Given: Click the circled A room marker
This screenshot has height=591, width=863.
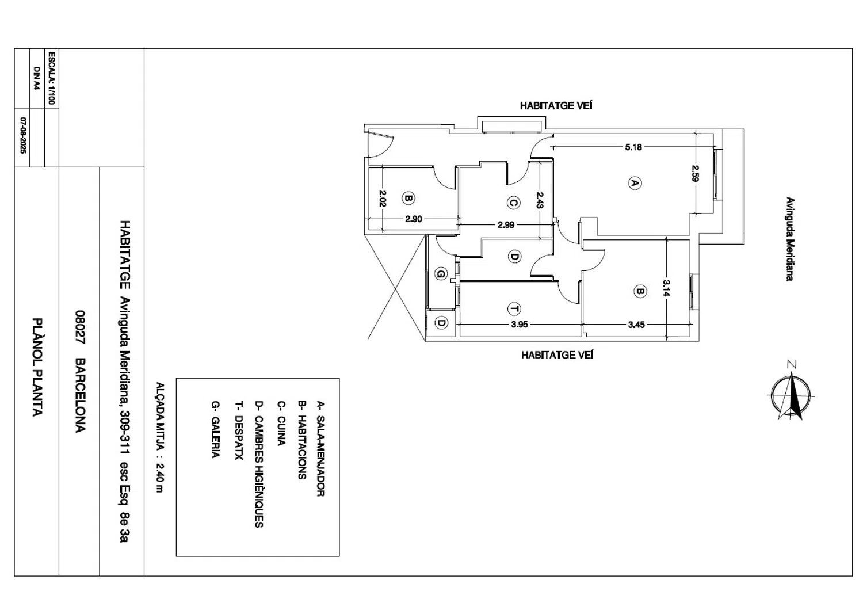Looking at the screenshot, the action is [x=635, y=183].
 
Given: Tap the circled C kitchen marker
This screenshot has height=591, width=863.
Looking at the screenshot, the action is [x=513, y=203].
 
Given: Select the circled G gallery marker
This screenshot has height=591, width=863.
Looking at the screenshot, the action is [x=441, y=274].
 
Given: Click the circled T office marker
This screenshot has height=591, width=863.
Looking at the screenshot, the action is [x=514, y=309].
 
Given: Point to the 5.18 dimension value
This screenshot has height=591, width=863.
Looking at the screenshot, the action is [x=633, y=147].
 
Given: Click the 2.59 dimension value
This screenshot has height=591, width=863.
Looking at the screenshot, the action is [x=696, y=173].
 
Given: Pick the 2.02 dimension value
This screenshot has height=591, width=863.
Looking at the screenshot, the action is [x=382, y=199].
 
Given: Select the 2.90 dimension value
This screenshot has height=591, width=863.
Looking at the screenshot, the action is [x=414, y=219].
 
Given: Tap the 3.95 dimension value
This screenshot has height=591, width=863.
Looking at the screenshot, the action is [x=520, y=325].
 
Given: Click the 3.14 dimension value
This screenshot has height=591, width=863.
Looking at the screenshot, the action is [x=666, y=288].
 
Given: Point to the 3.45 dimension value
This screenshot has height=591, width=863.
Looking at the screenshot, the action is [x=636, y=325].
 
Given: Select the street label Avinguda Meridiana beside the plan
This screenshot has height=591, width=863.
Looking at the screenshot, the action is [x=790, y=239].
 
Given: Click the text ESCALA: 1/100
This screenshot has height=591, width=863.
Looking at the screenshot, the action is [x=52, y=78].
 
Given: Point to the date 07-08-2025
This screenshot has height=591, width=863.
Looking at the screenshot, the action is [x=23, y=136].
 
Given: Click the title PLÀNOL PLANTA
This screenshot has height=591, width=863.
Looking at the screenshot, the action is [x=37, y=367].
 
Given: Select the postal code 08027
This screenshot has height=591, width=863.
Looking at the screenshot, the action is [x=80, y=327].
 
